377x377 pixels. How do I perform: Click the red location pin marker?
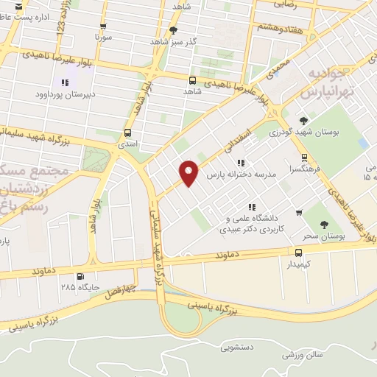(189, 173)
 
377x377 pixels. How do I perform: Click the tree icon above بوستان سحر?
(325, 225)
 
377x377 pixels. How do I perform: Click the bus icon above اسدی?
(128, 133)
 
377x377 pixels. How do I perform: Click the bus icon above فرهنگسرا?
(304, 158)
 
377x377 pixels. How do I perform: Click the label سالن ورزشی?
(292, 356)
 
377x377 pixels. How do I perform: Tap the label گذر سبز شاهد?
(174, 42)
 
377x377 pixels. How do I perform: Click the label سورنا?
(102, 35)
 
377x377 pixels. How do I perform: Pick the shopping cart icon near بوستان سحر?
(298, 213)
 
